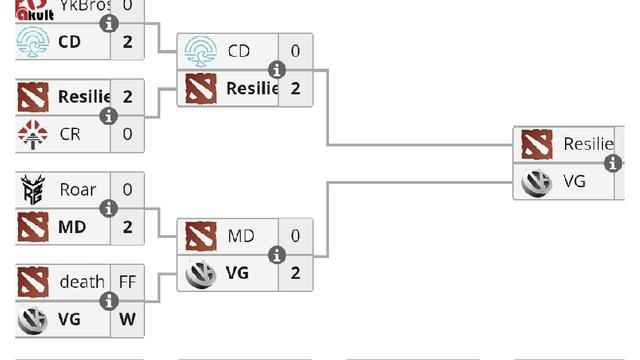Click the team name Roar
pyautogui.click(x=77, y=189)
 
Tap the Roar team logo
pyautogui.click(x=33, y=189)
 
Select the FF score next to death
pyautogui.click(x=127, y=281)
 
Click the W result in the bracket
pyautogui.click(x=127, y=319)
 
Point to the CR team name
pyautogui.click(x=70, y=133)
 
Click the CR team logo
pyautogui.click(x=33, y=133)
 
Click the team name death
pyautogui.click(x=81, y=281)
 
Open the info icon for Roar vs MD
pyautogui.click(x=109, y=208)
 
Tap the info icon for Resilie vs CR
pyautogui.click(x=109, y=116)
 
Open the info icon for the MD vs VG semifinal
pyautogui.click(x=277, y=254)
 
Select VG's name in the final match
pyautogui.click(x=574, y=181)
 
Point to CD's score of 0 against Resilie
pyautogui.click(x=295, y=51)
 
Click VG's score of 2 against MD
pyautogui.click(x=295, y=272)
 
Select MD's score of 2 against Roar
pyautogui.click(x=127, y=227)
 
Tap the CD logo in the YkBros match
pyautogui.click(x=33, y=42)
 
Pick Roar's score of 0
pyautogui.click(x=127, y=189)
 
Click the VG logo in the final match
pyautogui.click(x=537, y=181)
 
